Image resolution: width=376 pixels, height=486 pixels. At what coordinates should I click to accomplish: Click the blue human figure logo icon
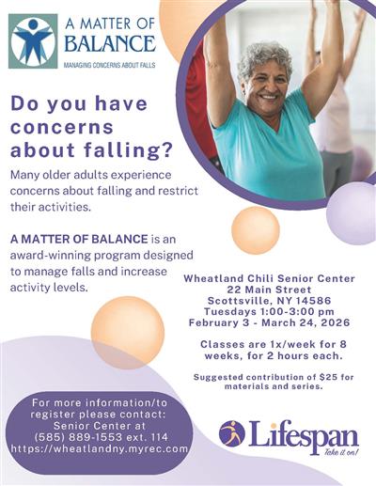point(33,39)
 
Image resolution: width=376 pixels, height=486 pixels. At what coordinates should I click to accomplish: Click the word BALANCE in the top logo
point(110,43)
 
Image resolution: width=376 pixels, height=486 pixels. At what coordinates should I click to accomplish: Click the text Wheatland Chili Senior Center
point(269,278)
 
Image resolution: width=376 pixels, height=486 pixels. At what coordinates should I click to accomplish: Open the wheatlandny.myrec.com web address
point(100,448)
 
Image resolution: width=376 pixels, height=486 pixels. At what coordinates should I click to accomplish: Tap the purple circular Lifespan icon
point(231,433)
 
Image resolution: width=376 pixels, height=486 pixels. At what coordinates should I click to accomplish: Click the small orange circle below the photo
point(256,229)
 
